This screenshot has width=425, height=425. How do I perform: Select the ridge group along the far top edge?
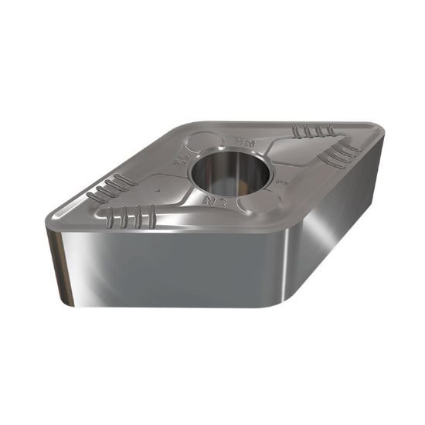(317, 131)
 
